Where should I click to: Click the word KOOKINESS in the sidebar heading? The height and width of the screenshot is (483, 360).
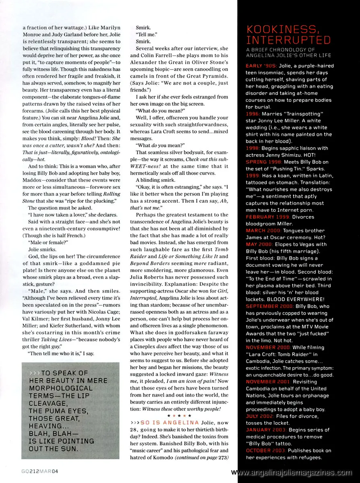tap(281, 29)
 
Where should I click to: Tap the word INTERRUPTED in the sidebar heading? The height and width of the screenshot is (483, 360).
tap(288, 40)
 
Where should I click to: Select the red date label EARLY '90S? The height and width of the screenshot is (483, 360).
tap(259, 66)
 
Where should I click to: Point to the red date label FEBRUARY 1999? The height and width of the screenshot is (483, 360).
tap(267, 217)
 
